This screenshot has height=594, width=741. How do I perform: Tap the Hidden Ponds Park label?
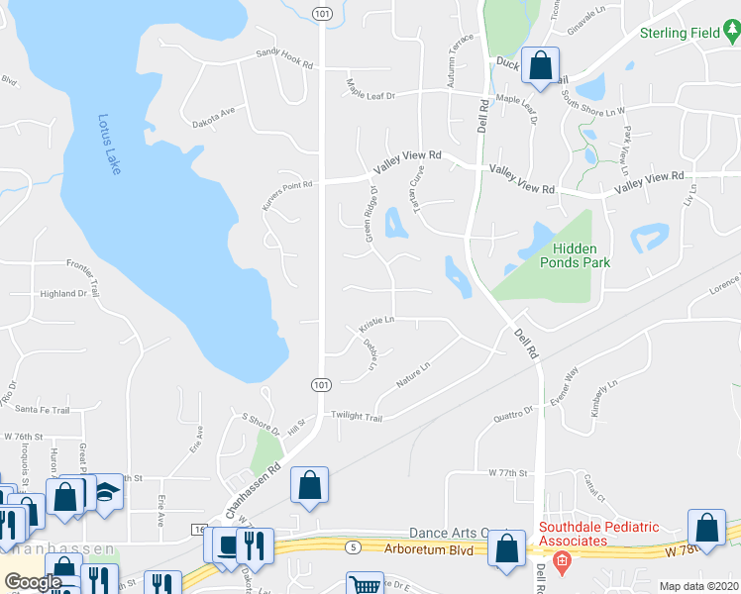[x=582, y=255]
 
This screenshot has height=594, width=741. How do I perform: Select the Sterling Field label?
[x=679, y=33]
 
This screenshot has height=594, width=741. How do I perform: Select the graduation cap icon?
[x=104, y=490]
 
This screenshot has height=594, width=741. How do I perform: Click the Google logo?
[x=32, y=582]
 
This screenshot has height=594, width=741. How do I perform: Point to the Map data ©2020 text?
[x=698, y=585]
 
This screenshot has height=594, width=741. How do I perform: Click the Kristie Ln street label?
[x=376, y=321]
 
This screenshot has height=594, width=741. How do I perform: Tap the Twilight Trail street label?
[x=357, y=417]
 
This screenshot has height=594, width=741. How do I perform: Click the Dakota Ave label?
[x=214, y=112]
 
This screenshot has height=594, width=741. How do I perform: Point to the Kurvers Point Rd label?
[x=286, y=184]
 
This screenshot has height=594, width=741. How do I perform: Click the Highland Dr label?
[x=63, y=294]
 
